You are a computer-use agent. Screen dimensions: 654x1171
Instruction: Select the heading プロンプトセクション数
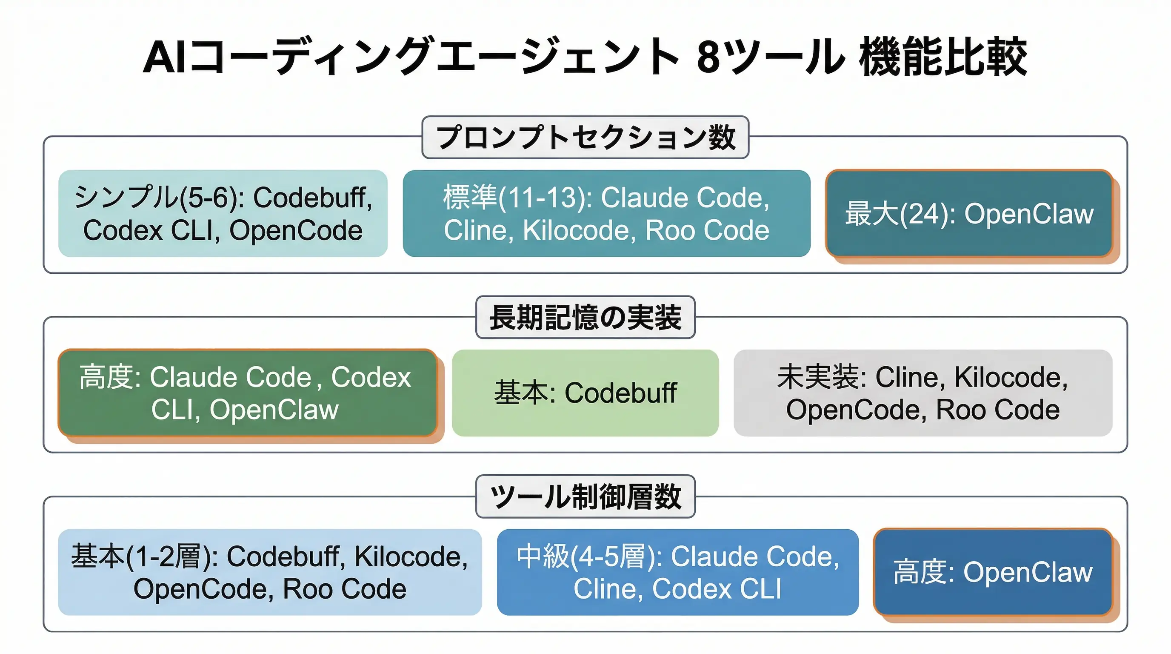[585, 138]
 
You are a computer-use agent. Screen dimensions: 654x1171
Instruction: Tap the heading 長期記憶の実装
[585, 318]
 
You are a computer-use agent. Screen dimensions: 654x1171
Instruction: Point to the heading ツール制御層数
[585, 496]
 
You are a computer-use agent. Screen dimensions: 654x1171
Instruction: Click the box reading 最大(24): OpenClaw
[969, 214]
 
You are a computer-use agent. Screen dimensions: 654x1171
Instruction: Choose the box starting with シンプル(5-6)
[223, 214]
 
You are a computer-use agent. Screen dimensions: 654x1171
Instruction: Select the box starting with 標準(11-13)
[606, 214]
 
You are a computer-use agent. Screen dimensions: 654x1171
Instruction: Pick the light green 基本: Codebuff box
[585, 393]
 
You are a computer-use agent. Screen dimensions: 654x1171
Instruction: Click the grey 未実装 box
[923, 393]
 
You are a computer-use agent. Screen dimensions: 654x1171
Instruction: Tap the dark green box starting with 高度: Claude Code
[247, 393]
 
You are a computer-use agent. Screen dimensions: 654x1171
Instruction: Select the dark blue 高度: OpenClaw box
[992, 572]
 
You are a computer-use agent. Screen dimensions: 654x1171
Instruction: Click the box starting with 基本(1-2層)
[270, 572]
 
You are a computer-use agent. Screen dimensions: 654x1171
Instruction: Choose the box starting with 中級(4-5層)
[677, 572]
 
